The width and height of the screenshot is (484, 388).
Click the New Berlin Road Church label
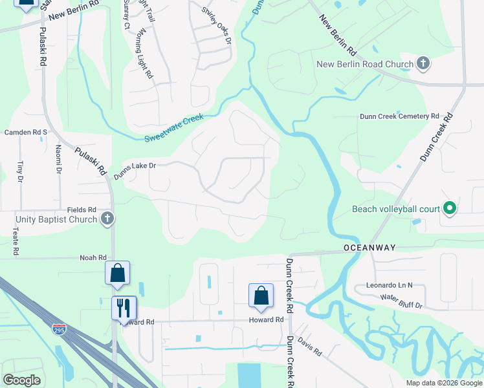tap(364, 64)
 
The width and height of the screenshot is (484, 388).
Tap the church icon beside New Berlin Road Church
tap(423, 63)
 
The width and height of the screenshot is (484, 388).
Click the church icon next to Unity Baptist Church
tap(107, 219)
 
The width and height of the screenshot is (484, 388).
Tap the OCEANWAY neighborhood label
tap(369, 248)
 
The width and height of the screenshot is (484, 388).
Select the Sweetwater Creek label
tap(173, 128)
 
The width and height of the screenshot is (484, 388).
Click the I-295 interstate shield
tap(58, 329)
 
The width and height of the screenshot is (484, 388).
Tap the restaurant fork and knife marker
tap(124, 307)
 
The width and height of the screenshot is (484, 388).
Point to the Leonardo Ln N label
tap(389, 285)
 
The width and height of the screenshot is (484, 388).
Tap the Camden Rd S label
tap(27, 132)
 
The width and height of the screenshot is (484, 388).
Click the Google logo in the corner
tap(21, 380)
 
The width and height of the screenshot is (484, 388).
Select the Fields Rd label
tap(82, 210)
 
